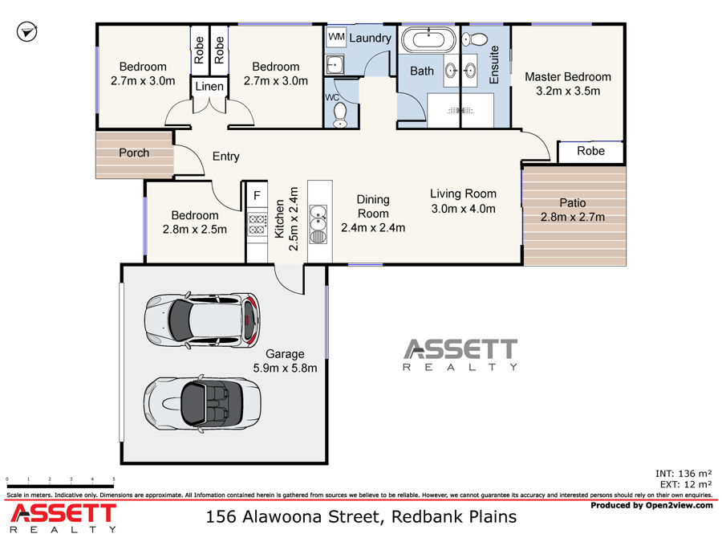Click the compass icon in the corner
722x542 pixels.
point(26,32)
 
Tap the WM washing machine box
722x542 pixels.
point(337,37)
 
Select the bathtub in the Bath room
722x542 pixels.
point(428,39)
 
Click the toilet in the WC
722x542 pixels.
point(340,115)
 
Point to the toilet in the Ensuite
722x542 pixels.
point(475,39)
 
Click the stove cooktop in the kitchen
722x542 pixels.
point(257,224)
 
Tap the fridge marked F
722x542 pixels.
point(257,195)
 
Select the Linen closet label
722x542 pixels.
point(209,86)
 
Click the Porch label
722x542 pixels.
point(134,153)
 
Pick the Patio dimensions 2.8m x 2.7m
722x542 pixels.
point(572,217)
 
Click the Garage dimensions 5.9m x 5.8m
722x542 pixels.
point(285,368)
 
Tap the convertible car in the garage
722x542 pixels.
point(202,404)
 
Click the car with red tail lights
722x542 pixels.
point(202,320)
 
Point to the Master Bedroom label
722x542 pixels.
point(568,76)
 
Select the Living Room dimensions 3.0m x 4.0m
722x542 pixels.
point(463,209)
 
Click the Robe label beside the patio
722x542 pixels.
point(590,151)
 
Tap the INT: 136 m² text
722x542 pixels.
point(683,473)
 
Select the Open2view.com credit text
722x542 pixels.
point(679,505)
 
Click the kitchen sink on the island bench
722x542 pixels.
point(318,218)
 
